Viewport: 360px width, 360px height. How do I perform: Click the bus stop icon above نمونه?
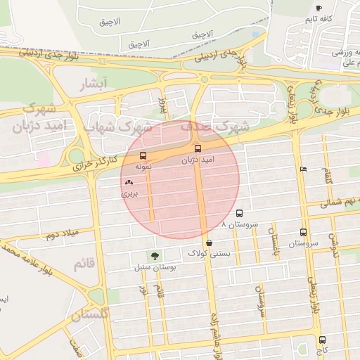click(x=143, y=155)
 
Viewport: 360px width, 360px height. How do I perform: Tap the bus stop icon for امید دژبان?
click(x=198, y=149)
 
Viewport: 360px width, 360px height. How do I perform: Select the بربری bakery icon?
click(x=129, y=181)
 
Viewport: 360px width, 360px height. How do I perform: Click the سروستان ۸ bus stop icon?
click(x=239, y=213)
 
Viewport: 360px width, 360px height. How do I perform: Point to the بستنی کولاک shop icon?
click(x=210, y=243)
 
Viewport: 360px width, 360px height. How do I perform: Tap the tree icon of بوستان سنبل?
click(x=153, y=256)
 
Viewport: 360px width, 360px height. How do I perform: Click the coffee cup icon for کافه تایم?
click(x=319, y=8)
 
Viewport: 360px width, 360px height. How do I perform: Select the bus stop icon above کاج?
click(x=322, y=340)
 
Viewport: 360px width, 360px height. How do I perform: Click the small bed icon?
click(x=303, y=169)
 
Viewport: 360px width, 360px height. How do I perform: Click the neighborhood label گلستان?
click(x=90, y=314)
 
